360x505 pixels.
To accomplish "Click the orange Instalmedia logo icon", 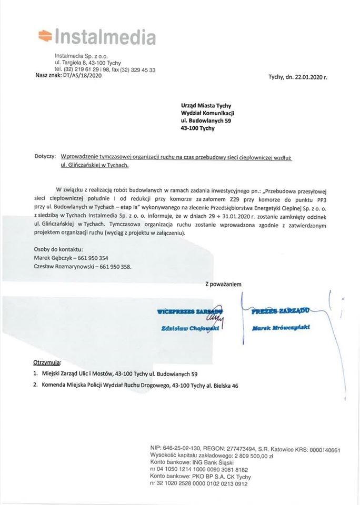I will (x=45, y=36).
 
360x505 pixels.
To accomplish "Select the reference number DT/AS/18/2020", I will (x=82, y=76).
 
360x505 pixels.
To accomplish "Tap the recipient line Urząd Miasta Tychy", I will (x=202, y=105).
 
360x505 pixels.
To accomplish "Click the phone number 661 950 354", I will (x=95, y=258).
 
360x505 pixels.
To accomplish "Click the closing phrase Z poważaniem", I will (x=223, y=284).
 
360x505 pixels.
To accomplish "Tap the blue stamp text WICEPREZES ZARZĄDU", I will (x=189, y=312).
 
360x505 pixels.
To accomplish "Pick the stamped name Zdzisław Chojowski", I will (x=190, y=328).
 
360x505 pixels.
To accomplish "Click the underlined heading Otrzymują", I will (x=44, y=362).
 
